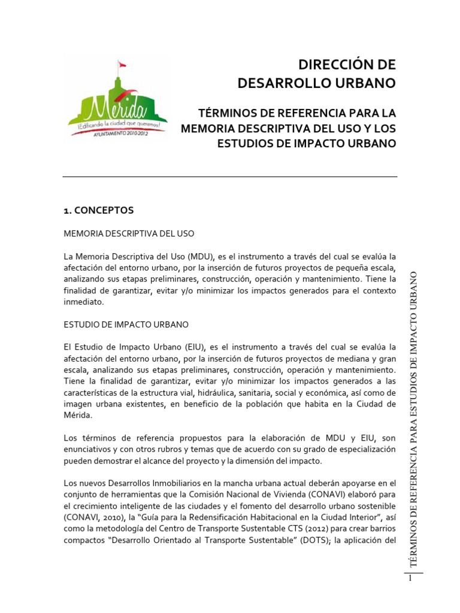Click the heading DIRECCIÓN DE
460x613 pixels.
[347, 65]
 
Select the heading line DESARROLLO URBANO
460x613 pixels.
[316, 83]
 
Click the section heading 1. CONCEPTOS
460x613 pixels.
[98, 210]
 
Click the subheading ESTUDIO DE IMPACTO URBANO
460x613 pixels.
[126, 324]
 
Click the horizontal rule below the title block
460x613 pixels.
[230, 177]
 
